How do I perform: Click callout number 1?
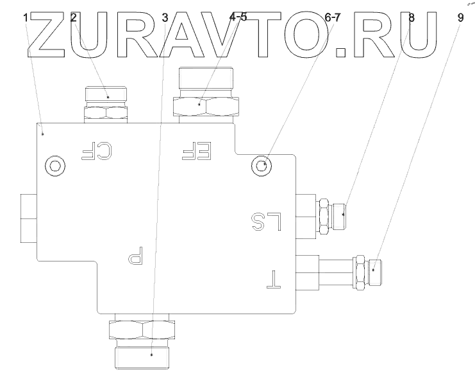coord(26,18)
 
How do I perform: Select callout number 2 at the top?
coord(74,18)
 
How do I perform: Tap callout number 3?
coord(165,18)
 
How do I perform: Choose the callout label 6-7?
coord(332,18)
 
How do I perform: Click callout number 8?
coord(411,18)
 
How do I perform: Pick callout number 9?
coord(460,18)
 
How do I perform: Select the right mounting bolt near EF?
coord(262,166)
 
